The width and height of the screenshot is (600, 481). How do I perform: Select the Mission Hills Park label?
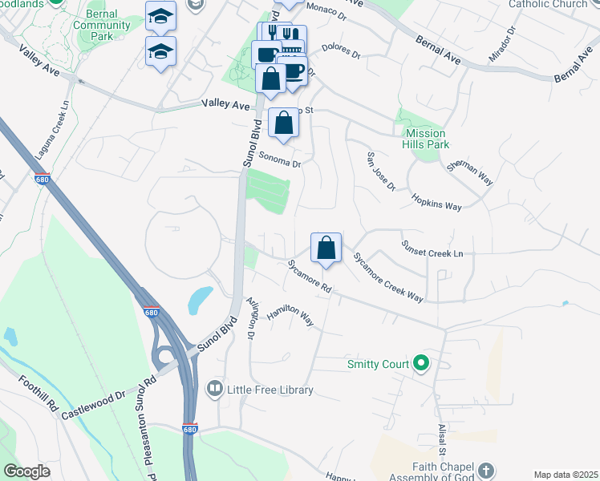[425, 139]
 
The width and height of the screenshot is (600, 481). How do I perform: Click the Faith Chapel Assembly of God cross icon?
[486, 470]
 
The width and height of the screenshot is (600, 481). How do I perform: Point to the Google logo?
[26, 471]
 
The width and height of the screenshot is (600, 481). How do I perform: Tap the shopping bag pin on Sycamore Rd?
[326, 248]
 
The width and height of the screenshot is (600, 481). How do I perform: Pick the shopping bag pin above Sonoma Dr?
[283, 123]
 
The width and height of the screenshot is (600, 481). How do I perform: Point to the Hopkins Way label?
[436, 201]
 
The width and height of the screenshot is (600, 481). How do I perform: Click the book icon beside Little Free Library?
[215, 390]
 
